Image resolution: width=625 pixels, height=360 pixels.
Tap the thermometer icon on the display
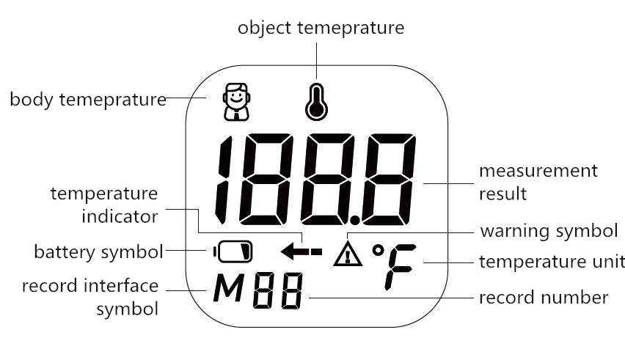coord(316,102)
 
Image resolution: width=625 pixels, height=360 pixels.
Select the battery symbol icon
coord(234,252)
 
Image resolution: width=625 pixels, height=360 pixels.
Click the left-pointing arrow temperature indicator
coord(301,252)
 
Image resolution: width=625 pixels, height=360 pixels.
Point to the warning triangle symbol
coord(348,254)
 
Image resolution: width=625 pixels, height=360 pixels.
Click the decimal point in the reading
coord(356,218)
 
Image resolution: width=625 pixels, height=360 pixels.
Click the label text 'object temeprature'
coord(321,28)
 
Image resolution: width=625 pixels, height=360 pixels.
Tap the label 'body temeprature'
coord(87,99)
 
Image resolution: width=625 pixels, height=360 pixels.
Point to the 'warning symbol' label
coord(549,231)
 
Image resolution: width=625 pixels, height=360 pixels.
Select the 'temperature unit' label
coord(552,261)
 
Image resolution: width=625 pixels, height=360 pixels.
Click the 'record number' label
coord(543,298)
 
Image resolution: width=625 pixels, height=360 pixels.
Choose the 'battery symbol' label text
coord(98,252)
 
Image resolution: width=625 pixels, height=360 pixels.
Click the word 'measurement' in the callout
coord(538,171)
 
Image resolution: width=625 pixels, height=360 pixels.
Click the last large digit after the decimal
coord(391,180)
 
